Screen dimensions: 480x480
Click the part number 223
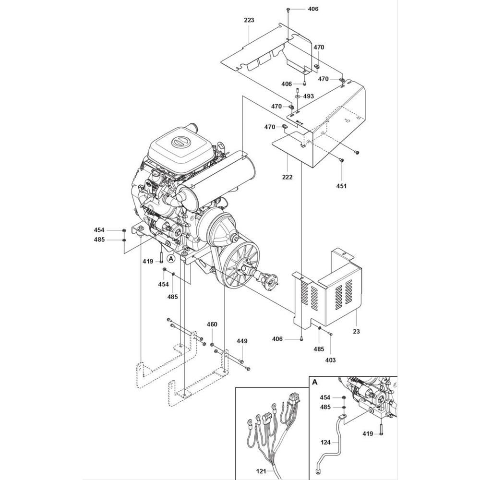pos(249,20)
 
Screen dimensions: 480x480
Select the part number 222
pos(288,177)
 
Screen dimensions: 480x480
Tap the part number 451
pos(341,186)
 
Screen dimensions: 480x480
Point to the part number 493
pos(309,96)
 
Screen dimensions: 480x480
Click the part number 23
pos(356,331)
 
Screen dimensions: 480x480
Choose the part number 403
pos(330,360)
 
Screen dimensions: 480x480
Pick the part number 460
pos(212,324)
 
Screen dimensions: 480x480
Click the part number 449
pos(242,341)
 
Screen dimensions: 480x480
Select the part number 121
pos(261,471)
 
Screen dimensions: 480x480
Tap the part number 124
pos(326,443)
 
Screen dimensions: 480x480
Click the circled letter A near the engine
pos(171,259)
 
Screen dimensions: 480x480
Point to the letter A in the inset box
pos(315,382)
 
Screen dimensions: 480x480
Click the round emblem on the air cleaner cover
pos(178,142)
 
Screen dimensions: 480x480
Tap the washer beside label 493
pos(297,96)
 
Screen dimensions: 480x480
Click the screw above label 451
pos(342,160)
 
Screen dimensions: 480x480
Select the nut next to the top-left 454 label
pos(124,230)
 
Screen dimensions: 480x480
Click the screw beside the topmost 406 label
pos(288,10)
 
